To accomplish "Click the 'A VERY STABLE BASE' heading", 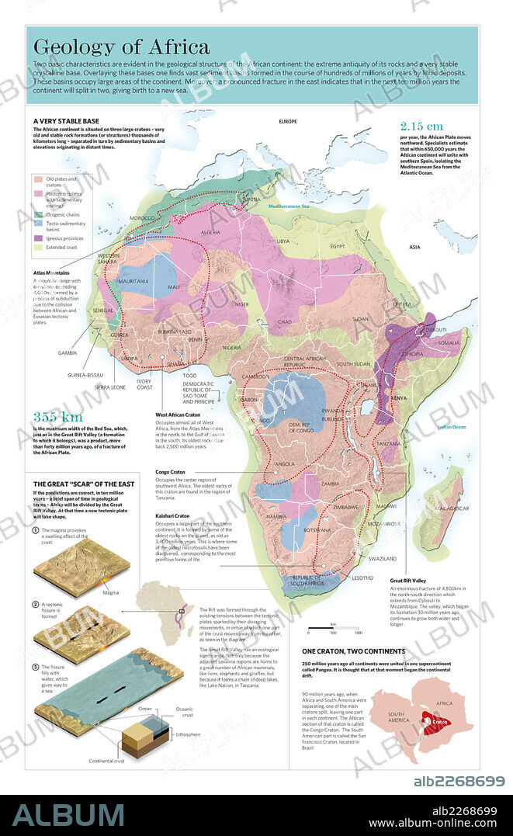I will [x=66, y=122].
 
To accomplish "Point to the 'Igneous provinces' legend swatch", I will [x=39, y=238].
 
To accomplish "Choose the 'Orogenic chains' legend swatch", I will [x=39, y=213].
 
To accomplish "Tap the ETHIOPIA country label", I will [x=410, y=353].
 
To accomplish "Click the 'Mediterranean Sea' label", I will [x=289, y=206].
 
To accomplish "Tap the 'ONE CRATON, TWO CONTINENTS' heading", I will [x=352, y=651].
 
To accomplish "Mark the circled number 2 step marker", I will [x=36, y=603].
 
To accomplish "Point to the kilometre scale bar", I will [x=332, y=627].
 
